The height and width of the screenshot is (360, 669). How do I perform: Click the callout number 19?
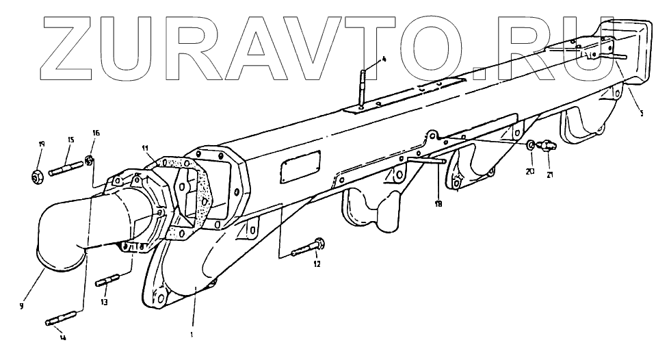[x=41, y=144]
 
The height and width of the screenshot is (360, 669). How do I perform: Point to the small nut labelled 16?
[x=88, y=162]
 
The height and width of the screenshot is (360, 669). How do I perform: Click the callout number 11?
[x=145, y=148]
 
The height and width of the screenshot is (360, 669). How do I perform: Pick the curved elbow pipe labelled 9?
[x=58, y=233]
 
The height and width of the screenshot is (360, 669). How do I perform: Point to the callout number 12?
[x=316, y=263]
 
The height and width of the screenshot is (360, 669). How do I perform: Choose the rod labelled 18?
[x=426, y=161]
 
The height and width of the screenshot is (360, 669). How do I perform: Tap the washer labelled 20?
[x=531, y=145]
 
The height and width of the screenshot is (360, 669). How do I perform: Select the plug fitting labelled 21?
[x=545, y=146]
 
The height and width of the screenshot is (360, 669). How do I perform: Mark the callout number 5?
[x=641, y=112]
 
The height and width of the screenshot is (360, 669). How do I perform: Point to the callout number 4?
[x=383, y=59]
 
